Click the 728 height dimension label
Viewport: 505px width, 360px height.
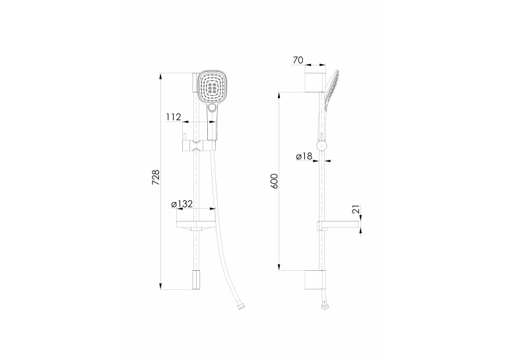[x=156, y=177]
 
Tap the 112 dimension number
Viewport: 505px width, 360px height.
[x=174, y=117]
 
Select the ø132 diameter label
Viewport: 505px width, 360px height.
[x=182, y=203]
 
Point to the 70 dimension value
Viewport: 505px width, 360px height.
[x=298, y=60]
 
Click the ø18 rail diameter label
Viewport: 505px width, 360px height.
[x=304, y=157]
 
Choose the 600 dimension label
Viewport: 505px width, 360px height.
[x=274, y=181]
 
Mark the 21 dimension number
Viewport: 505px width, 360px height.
[x=356, y=209]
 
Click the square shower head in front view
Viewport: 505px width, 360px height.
[x=211, y=87]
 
